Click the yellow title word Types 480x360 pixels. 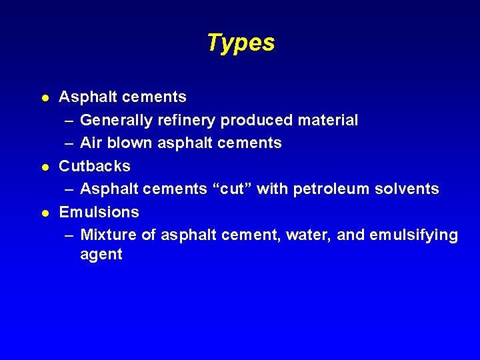pyautogui.click(x=240, y=43)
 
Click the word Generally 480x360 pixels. pyautogui.click(x=116, y=121)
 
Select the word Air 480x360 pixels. pyautogui.click(x=90, y=143)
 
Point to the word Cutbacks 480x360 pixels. pyautogui.click(x=95, y=166)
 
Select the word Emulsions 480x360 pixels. pyautogui.click(x=99, y=212)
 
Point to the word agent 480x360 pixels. pyautogui.click(x=101, y=255)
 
